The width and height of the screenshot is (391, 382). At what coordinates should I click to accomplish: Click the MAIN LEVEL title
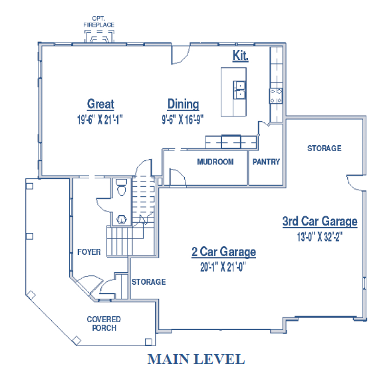coord(196,359)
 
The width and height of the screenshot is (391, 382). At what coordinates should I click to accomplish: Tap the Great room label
coord(100,104)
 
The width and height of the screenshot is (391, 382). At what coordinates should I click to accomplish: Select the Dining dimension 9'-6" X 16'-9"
coord(182,120)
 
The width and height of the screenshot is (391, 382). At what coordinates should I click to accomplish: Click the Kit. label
coord(241,55)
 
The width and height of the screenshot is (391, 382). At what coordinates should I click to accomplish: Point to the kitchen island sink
coord(239,90)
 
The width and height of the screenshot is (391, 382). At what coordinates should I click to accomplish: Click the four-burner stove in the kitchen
coord(276,96)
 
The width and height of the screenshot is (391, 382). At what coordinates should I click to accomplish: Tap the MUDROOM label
coord(215,162)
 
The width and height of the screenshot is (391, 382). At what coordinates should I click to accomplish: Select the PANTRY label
coord(266,162)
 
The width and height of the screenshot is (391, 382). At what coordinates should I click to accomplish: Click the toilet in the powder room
coord(122,187)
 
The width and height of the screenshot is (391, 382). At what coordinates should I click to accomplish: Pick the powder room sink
coord(122,220)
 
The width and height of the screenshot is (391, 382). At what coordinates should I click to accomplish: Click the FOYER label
coord(89,252)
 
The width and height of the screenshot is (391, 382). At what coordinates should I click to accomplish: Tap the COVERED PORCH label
coord(104,323)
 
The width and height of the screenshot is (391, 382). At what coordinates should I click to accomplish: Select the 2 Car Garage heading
coord(223,252)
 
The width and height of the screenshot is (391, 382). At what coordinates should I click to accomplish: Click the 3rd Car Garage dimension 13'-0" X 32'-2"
coord(320,237)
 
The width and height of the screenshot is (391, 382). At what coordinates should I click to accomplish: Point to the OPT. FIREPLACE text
coord(98,21)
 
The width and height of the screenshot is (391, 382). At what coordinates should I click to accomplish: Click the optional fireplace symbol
coord(99,37)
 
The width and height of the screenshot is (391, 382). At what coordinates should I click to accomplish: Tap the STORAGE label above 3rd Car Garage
coord(325,148)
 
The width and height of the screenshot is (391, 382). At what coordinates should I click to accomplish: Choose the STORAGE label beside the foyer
coord(149,282)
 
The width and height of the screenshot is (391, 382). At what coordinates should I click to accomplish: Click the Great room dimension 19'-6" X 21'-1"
coord(100,120)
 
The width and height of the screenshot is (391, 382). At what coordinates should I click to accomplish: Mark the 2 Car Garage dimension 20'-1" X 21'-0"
coord(223,267)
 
